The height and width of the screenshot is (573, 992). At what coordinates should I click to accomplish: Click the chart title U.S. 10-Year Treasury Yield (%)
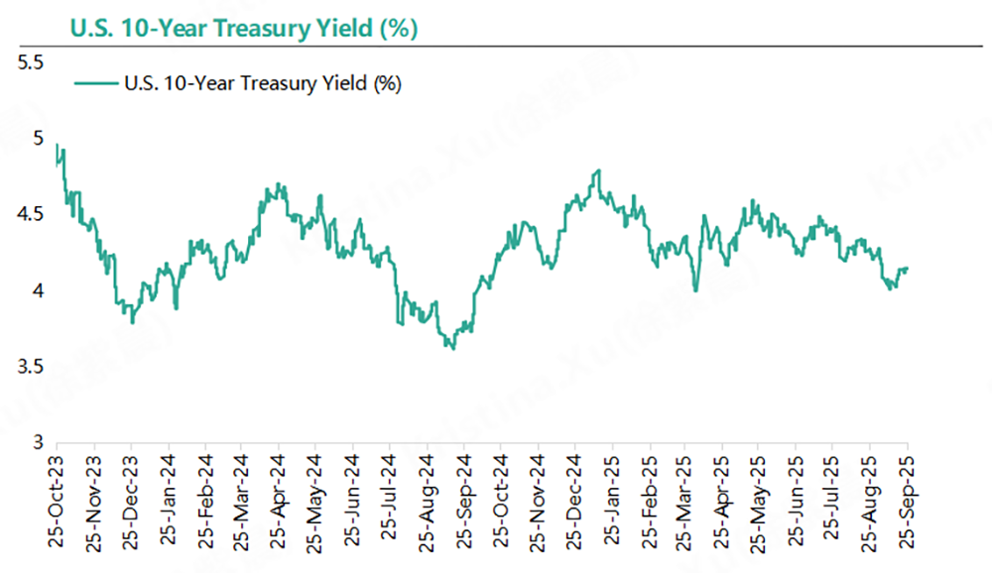coord(243,28)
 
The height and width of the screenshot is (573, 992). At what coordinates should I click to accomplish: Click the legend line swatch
coord(95,84)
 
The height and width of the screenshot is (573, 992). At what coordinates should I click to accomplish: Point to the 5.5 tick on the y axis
coord(31,62)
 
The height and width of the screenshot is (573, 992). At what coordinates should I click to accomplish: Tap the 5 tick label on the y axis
coord(38,139)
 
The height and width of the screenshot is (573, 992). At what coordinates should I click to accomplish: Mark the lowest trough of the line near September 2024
coord(452,348)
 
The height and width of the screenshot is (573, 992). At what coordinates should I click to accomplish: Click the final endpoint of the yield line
coord(908,268)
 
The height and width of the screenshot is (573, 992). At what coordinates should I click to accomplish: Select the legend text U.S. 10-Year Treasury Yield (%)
coord(262,84)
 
